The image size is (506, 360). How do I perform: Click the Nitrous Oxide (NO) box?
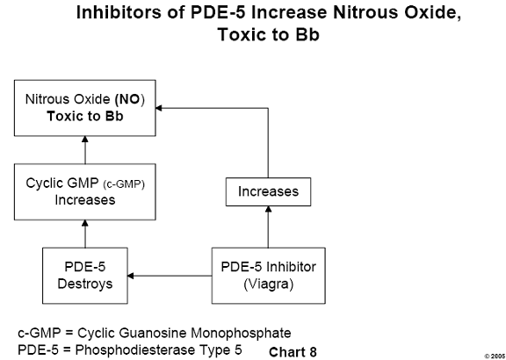(x=85, y=108)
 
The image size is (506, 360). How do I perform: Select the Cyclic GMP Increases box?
(x=85, y=191)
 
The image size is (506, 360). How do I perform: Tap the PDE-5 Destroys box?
(x=85, y=276)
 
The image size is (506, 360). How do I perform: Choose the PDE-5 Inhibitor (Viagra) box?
(x=268, y=276)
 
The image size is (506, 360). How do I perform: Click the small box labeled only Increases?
(x=268, y=191)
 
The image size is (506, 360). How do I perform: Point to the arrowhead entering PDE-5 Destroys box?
(x=130, y=276)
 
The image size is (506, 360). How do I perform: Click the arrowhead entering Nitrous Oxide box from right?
(x=158, y=108)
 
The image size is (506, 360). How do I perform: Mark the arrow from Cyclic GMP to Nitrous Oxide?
(x=85, y=150)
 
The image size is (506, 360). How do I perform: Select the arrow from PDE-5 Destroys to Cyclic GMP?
(x=85, y=234)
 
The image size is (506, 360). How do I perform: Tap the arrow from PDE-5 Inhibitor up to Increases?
(x=268, y=227)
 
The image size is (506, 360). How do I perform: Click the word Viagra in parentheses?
(x=268, y=284)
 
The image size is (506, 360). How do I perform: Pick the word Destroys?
(x=85, y=284)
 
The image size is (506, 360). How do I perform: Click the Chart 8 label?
(x=293, y=352)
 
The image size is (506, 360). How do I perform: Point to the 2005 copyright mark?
(x=495, y=356)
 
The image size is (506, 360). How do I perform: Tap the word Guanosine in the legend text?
(x=152, y=334)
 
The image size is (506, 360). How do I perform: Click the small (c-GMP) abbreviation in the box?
(x=124, y=184)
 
